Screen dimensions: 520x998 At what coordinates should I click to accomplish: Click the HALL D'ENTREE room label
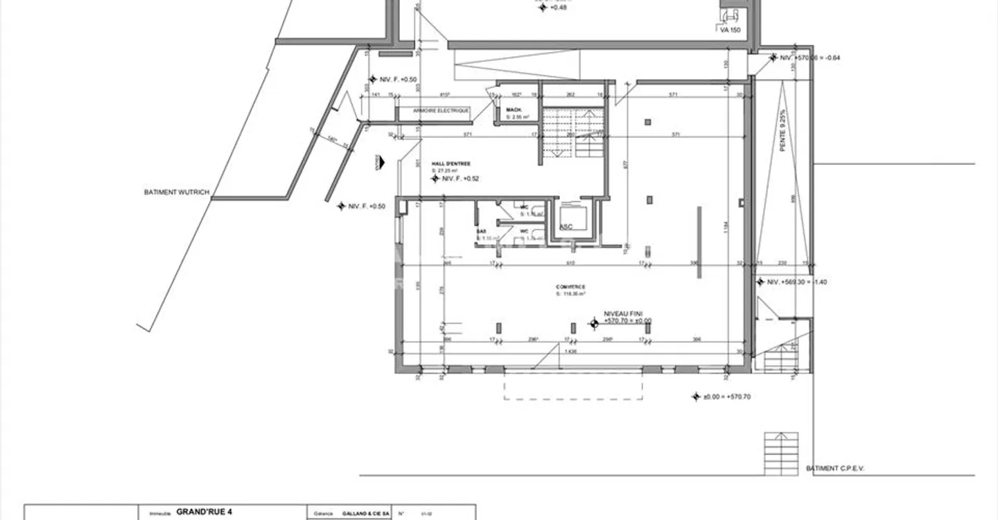(450, 164)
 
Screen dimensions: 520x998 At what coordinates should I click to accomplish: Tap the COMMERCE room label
(570, 287)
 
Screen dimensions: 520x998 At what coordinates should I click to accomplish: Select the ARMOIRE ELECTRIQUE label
(441, 111)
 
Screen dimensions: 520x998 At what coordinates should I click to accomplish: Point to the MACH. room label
(514, 110)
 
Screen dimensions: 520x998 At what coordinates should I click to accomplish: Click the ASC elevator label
(566, 226)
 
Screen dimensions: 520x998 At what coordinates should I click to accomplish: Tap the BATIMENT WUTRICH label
(176, 192)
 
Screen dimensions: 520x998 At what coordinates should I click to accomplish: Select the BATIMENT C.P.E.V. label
(835, 469)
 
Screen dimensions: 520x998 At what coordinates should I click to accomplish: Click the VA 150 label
(730, 30)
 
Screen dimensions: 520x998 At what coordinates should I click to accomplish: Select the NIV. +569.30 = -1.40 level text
(797, 282)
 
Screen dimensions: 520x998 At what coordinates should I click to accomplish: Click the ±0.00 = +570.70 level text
(727, 397)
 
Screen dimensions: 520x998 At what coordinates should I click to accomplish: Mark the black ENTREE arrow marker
(378, 162)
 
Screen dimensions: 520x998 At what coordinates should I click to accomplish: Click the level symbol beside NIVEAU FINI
(594, 322)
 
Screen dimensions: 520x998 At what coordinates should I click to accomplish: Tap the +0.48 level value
(559, 8)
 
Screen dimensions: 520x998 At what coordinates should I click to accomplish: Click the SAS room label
(481, 231)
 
